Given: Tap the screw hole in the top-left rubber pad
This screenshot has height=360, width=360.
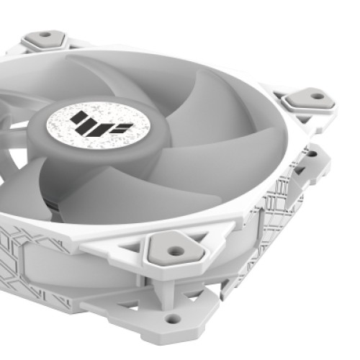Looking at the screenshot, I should click(x=44, y=34).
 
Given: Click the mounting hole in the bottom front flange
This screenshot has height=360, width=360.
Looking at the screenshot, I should click(x=172, y=317).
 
